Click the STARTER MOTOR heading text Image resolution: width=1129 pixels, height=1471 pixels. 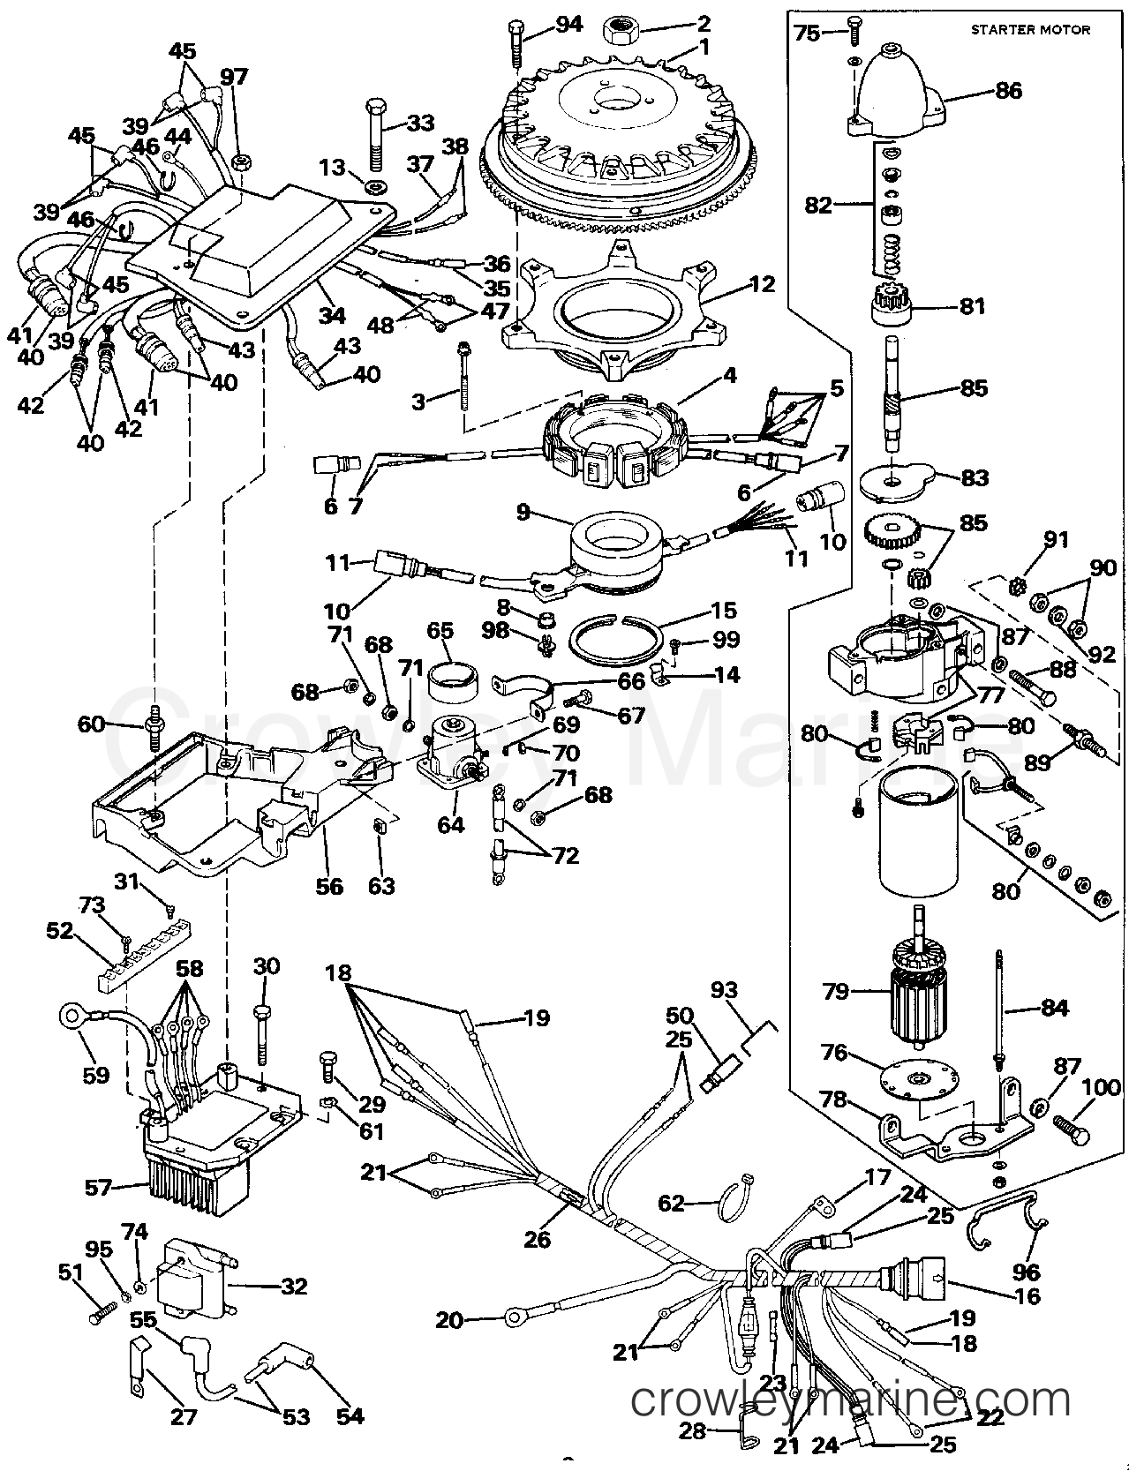pos(1030,29)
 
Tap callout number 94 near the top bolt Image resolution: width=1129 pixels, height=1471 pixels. pos(568,24)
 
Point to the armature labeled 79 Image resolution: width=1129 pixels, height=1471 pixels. pos(918,992)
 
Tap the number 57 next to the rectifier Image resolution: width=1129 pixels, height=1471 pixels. pos(99,1187)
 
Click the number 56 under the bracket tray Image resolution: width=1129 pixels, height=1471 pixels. pos(329,885)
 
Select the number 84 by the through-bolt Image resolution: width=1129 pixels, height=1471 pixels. pos(1054,1008)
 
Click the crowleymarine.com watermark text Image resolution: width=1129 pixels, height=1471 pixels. pos(851,1400)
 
